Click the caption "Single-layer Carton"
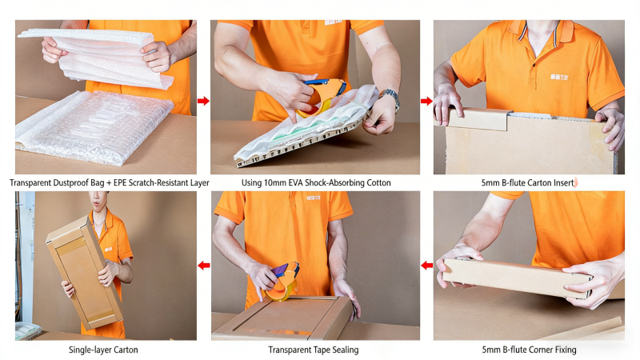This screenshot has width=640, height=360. [103, 350]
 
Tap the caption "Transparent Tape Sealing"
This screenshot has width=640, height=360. [314, 350]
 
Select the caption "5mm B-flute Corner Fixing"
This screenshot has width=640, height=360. [529, 350]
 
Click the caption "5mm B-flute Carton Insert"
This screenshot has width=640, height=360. [528, 183]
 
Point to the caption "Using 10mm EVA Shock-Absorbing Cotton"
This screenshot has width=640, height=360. [316, 183]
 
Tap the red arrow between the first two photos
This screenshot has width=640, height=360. [203, 101]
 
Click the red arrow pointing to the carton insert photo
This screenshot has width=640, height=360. [426, 101]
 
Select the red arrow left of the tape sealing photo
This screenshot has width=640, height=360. [204, 266]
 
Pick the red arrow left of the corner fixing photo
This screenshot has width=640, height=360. [427, 266]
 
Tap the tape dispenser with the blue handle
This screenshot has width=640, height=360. [322, 97]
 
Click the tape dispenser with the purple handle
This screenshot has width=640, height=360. [282, 282]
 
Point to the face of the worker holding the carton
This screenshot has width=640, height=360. [99, 200]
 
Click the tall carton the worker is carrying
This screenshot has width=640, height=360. [85, 273]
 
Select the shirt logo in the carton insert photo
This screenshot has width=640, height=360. [558, 77]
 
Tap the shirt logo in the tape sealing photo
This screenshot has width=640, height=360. [314, 198]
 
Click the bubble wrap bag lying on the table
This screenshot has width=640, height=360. [94, 127]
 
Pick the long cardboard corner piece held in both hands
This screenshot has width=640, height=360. [518, 278]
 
